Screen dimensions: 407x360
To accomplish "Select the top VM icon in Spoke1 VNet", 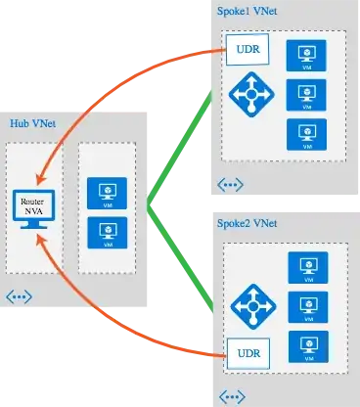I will coord(305,54).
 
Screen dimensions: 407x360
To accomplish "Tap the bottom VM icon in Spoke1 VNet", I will coord(305,134).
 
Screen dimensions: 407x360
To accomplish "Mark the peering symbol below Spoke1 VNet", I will coord(231,183).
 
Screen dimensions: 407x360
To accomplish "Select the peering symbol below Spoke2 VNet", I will coord(231,395).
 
